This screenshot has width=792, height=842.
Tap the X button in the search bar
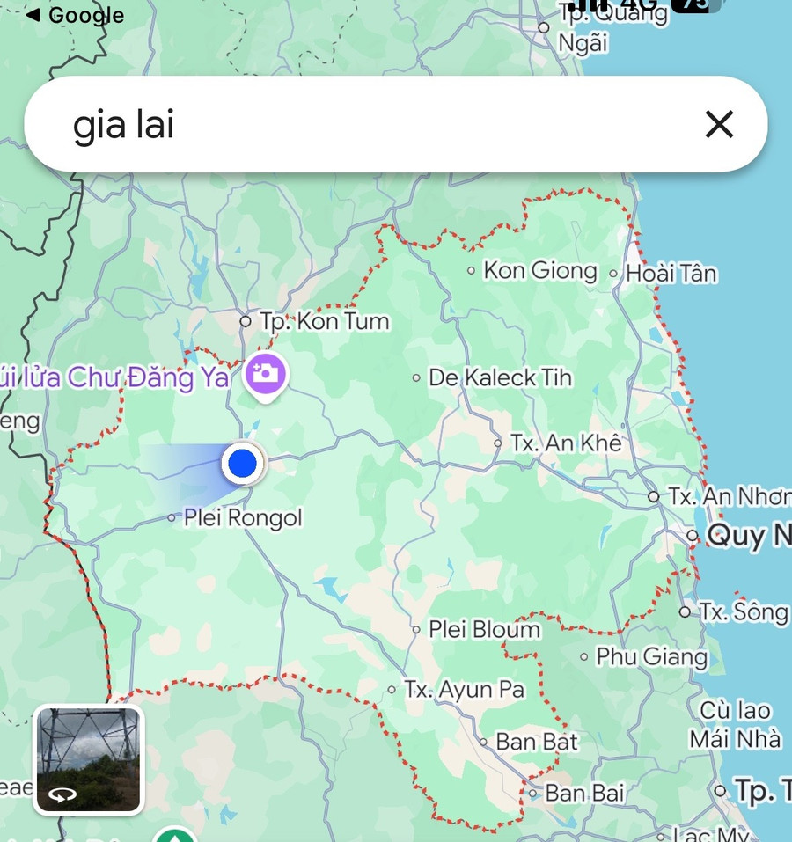pyautogui.click(x=719, y=125)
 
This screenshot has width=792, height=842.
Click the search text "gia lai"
pyautogui.click(x=123, y=126)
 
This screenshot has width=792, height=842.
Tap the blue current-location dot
pyautogui.click(x=241, y=463)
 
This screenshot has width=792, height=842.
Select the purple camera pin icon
pyautogui.click(x=265, y=375)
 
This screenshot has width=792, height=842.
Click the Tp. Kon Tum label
pyautogui.click(x=324, y=322)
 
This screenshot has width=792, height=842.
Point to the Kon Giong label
pyautogui.click(x=539, y=270)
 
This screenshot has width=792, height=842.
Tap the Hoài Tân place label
pyautogui.click(x=671, y=274)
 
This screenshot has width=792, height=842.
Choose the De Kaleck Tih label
pyautogui.click(x=500, y=378)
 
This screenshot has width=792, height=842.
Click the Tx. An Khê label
pyautogui.click(x=566, y=443)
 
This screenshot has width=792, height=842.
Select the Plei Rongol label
pyautogui.click(x=242, y=518)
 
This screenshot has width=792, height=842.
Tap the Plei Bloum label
pyautogui.click(x=484, y=630)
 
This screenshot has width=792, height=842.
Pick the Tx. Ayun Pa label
pyautogui.click(x=463, y=689)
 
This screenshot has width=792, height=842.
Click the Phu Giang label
pyautogui.click(x=651, y=656)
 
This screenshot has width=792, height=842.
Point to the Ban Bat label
pyautogui.click(x=537, y=742)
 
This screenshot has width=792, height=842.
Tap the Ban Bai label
pyautogui.click(x=584, y=793)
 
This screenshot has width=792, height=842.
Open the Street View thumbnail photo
pyautogui.click(x=88, y=759)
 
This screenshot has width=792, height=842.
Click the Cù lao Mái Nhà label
pyautogui.click(x=735, y=724)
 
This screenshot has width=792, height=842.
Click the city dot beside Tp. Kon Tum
pyautogui.click(x=246, y=322)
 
